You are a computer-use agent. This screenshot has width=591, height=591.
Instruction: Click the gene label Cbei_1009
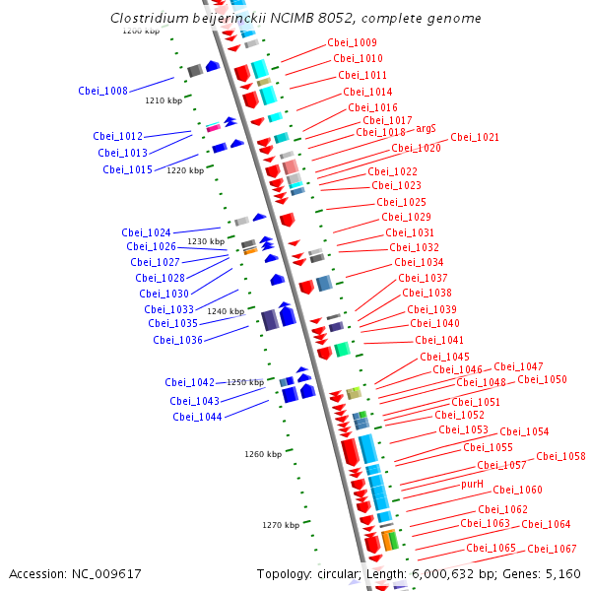[x=352, y=43]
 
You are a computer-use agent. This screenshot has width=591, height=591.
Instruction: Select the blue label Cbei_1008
[x=102, y=92]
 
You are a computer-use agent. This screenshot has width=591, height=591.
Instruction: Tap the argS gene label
[x=426, y=129]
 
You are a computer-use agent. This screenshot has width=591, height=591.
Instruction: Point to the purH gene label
[x=473, y=485]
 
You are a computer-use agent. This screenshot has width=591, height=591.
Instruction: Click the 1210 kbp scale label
[x=164, y=100]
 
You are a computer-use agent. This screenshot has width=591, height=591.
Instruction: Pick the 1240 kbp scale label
[x=226, y=311]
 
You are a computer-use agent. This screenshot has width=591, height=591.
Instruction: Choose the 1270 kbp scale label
[x=281, y=526]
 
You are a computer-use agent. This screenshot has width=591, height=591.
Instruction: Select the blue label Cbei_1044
[x=197, y=417]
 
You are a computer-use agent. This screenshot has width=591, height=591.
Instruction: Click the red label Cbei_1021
[x=475, y=138]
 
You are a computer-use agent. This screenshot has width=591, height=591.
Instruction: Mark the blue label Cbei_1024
[x=146, y=233]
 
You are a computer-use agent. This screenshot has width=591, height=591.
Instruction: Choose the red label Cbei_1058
[x=560, y=457]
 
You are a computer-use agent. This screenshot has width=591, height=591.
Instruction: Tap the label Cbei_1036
[x=177, y=341]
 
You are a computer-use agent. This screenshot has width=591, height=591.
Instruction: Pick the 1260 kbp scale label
[x=263, y=454]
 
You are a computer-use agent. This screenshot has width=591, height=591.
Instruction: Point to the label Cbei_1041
[x=439, y=341]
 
